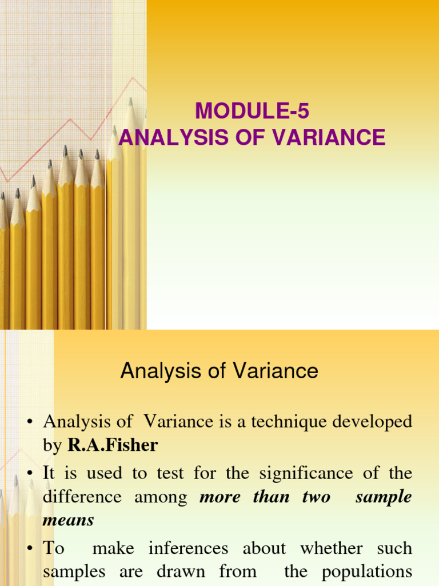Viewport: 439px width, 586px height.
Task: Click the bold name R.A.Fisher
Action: point(113,445)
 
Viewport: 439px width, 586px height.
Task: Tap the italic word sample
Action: point(383,496)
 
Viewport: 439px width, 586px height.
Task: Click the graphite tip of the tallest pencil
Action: point(130,101)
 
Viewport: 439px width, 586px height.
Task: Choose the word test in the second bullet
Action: point(173,473)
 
